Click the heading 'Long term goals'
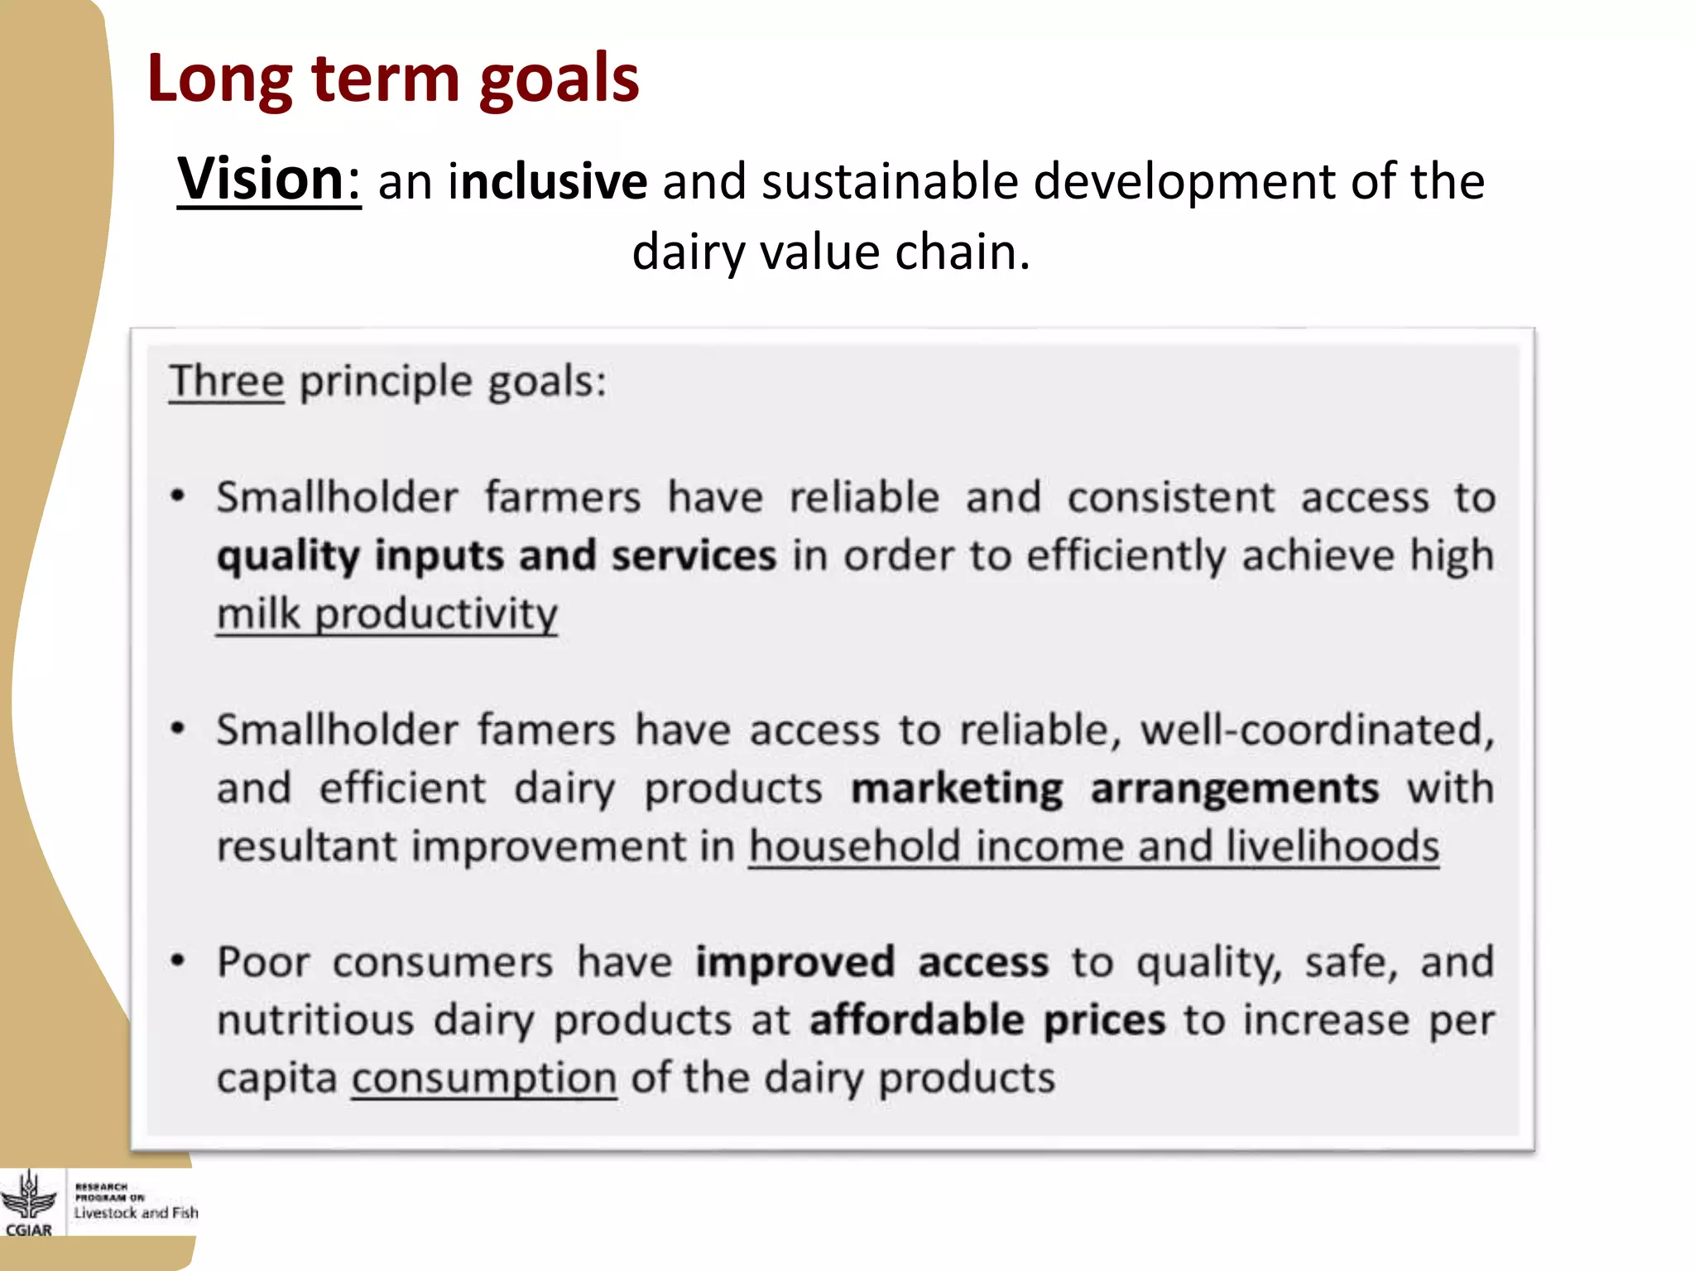click(392, 79)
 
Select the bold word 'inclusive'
click(547, 181)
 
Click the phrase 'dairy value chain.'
click(831, 252)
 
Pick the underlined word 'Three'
click(226, 381)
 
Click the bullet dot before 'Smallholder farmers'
click(177, 496)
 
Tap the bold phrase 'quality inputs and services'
click(497, 555)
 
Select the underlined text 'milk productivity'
click(387, 614)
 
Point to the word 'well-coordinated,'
click(1318, 730)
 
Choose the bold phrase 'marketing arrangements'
click(1115, 788)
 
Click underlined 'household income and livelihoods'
click(1093, 847)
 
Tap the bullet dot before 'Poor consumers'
click(177, 962)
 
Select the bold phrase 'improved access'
click(872, 962)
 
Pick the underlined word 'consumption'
click(484, 1078)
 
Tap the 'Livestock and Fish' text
click(137, 1213)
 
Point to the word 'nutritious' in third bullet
click(315, 1020)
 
